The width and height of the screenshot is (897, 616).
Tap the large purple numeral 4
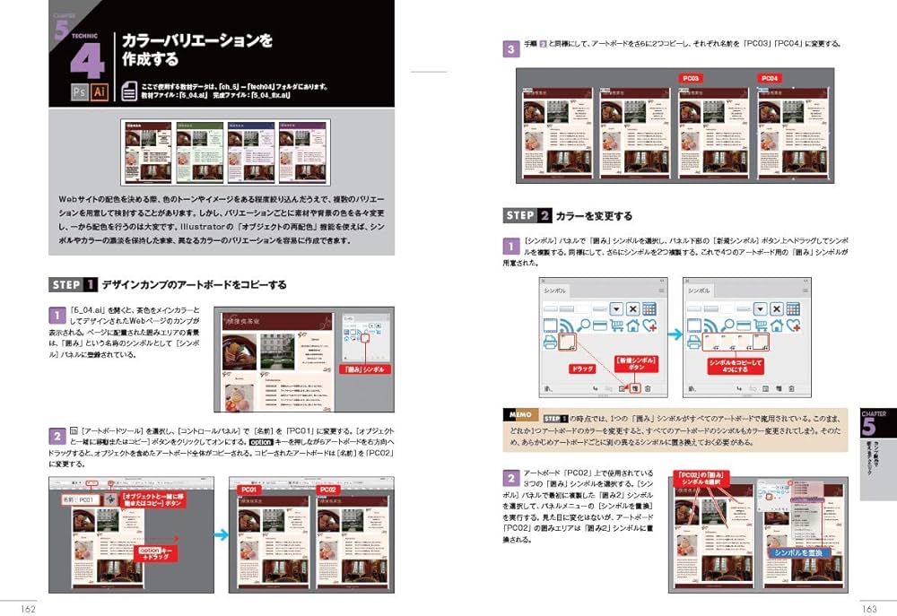click(x=87, y=59)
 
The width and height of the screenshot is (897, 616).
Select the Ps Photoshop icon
click(x=78, y=92)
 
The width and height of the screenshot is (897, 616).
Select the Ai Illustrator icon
click(x=99, y=92)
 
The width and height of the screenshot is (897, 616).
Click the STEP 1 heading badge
click(x=74, y=285)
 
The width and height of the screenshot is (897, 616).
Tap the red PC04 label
click(x=770, y=79)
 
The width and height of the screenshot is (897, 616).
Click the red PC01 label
click(x=248, y=490)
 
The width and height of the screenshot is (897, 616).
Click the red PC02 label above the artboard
click(x=327, y=490)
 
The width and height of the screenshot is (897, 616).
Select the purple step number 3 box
click(x=509, y=48)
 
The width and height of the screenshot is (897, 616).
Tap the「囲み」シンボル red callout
click(x=364, y=369)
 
